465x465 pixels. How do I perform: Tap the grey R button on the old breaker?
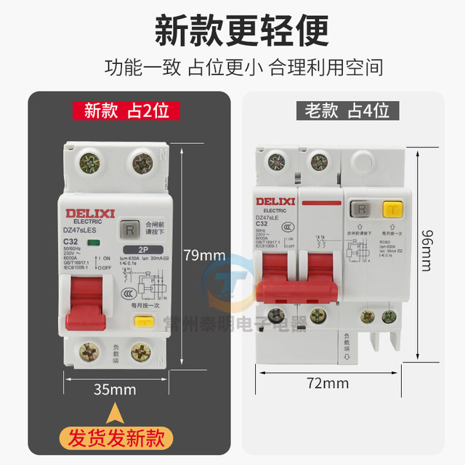(357, 211)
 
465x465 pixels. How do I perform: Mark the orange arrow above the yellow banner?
(115, 414)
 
